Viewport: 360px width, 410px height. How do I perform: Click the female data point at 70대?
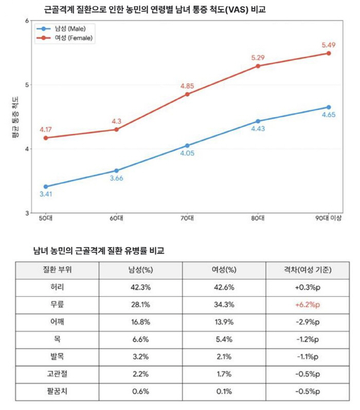[x=187, y=94]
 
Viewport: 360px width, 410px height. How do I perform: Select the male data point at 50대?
[x=46, y=187]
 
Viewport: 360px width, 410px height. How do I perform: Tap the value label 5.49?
[x=328, y=45]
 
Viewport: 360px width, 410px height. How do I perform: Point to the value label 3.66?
[x=117, y=178]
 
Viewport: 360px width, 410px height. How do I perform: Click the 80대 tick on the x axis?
[x=258, y=218]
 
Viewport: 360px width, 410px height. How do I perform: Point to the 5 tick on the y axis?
[x=27, y=85]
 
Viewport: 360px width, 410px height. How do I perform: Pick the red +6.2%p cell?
[x=307, y=305]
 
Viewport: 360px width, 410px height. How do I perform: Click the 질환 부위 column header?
[x=57, y=270]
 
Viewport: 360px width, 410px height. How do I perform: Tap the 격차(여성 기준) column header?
[x=307, y=270]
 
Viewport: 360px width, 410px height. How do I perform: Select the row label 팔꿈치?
[x=57, y=392]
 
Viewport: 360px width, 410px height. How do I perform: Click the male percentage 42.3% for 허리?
[x=140, y=287]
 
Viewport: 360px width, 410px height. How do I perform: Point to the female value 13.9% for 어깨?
[x=224, y=322]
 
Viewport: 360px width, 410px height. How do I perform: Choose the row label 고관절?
[x=57, y=374]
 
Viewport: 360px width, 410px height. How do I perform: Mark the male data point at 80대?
[x=258, y=121]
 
